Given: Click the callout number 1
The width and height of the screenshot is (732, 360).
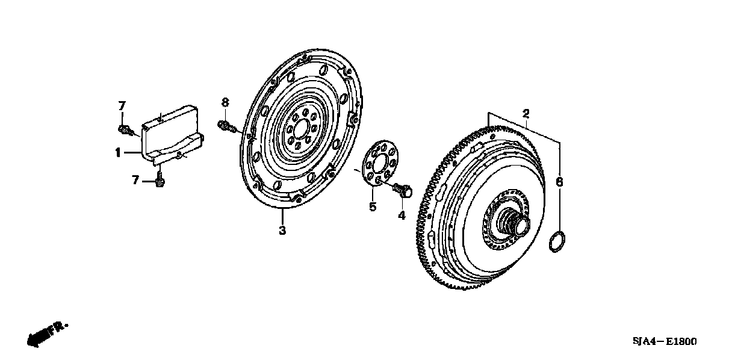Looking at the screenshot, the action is pyautogui.click(x=119, y=153).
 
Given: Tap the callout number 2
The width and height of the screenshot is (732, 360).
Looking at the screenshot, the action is pyautogui.click(x=526, y=113).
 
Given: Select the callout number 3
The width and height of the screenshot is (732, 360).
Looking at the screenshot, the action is pyautogui.click(x=282, y=230).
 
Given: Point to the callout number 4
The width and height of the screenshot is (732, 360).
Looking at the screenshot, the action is pyautogui.click(x=402, y=215).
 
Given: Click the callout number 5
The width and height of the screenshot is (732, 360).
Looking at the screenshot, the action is pyautogui.click(x=373, y=207).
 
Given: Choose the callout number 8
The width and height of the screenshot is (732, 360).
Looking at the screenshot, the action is pyautogui.click(x=225, y=102).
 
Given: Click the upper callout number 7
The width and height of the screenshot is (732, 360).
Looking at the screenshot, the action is pyautogui.click(x=121, y=105).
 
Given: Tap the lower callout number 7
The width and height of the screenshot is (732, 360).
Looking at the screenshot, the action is pyautogui.click(x=136, y=179).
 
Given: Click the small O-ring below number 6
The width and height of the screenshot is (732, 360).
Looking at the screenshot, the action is pyautogui.click(x=557, y=241).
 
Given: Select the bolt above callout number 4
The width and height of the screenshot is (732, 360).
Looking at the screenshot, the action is pyautogui.click(x=403, y=191).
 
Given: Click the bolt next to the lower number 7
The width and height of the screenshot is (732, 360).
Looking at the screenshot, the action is pyautogui.click(x=160, y=181).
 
